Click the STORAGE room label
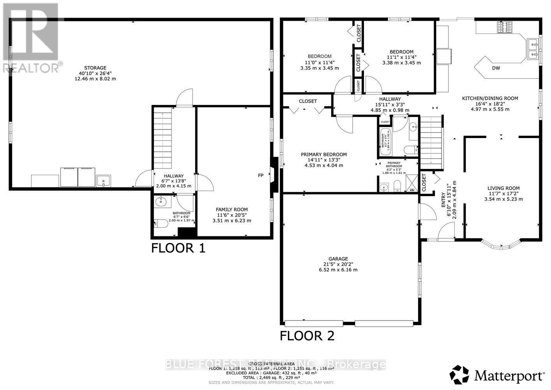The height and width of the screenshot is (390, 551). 95,68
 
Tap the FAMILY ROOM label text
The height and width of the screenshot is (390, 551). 232,209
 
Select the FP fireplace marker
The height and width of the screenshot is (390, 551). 261,175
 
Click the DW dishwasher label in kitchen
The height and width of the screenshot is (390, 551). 496,68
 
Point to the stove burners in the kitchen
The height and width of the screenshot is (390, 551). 505,27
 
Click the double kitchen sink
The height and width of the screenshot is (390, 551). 533,49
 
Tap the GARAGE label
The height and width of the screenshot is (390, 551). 338,259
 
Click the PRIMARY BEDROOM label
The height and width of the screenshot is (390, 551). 323,154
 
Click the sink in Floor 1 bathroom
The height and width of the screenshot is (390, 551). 161,202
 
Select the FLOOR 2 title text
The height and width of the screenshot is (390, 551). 307,336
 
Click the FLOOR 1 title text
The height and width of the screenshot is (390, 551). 178,248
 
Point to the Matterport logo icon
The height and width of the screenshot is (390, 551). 460,375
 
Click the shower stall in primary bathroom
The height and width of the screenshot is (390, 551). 412,183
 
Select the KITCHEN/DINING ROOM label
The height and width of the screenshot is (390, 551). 490,98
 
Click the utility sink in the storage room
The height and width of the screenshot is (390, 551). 104,181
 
